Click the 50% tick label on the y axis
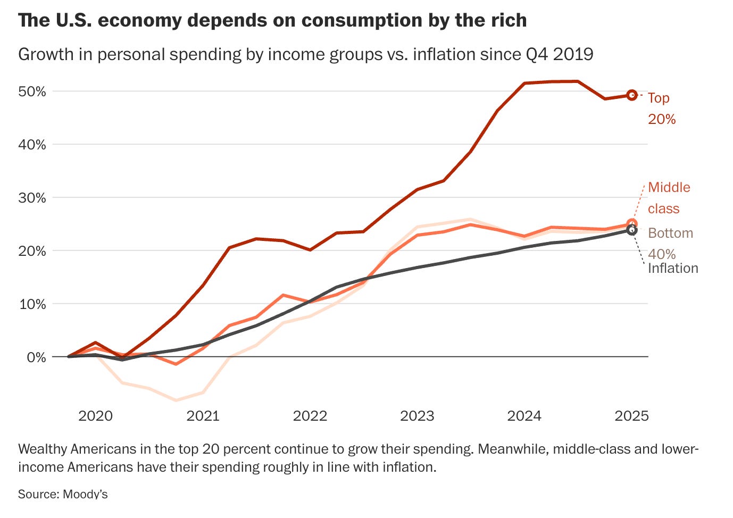32,91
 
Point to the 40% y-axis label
32,145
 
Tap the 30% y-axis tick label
32,198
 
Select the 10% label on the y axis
32,304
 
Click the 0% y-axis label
36,357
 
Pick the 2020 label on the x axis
95,416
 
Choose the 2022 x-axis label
310,416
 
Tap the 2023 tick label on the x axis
417,416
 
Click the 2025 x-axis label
631,416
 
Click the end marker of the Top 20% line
631,95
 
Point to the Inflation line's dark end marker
631,230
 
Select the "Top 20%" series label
661,108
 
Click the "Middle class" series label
669,198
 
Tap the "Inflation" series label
673,268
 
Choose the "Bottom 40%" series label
670,244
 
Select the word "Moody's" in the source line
85,494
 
